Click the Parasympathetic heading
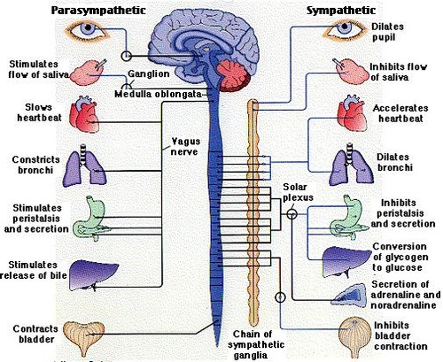pos(98,10)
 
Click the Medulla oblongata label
pos(158,94)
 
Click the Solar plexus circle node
pos(292,213)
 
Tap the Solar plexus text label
pos(297,192)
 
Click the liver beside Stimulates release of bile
pos(92,274)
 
